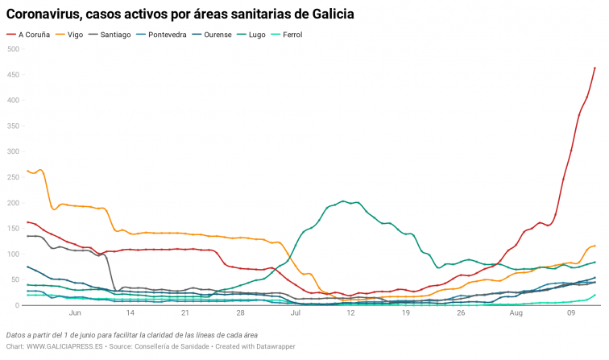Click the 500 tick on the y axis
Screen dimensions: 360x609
(x=13, y=49)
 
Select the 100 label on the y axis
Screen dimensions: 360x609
(x=13, y=254)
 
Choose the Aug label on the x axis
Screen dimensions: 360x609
(x=516, y=313)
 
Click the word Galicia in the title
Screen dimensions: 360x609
(x=328, y=14)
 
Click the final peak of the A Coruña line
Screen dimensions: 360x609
(x=594, y=68)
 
